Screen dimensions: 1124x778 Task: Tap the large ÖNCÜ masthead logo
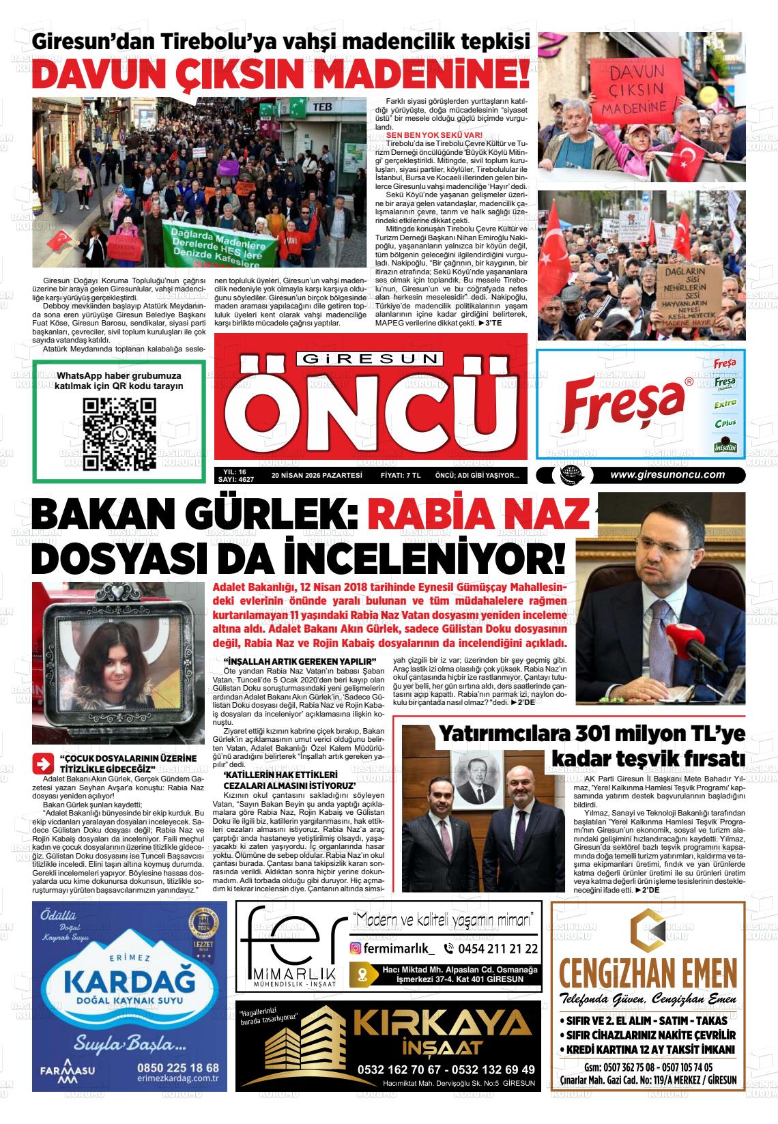pos(371,408)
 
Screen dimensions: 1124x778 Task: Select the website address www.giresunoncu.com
pos(667,476)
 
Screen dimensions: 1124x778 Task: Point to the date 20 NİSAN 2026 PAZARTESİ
pos(315,476)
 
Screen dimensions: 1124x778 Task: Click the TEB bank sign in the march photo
pos(321,107)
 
